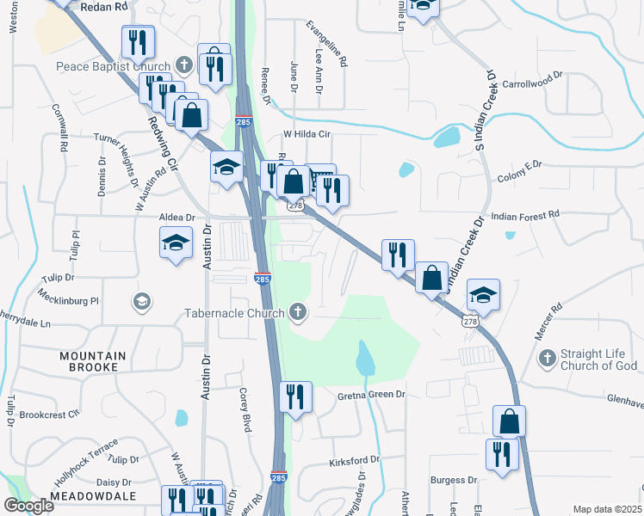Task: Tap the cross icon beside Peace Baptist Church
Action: (x=183, y=65)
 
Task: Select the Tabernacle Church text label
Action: (x=234, y=312)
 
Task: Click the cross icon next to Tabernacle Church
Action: (x=298, y=312)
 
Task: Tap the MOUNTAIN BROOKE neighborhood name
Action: (x=92, y=361)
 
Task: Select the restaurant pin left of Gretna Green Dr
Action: (x=295, y=397)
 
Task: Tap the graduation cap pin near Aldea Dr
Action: (x=176, y=243)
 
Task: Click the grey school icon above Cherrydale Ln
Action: (x=141, y=301)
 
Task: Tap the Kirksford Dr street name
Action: (x=354, y=462)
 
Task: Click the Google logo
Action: (x=28, y=506)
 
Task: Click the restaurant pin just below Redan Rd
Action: (x=138, y=41)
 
